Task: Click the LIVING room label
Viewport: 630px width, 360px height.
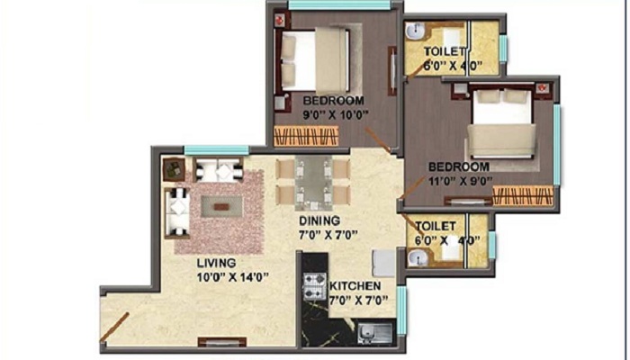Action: (x=216, y=263)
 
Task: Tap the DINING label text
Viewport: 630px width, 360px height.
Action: (x=319, y=221)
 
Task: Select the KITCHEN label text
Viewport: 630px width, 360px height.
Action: (x=355, y=286)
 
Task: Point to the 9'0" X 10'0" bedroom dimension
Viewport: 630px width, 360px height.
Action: (x=336, y=115)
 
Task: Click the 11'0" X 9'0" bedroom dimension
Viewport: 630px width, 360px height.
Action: (x=461, y=181)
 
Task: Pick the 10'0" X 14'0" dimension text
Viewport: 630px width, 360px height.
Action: (x=232, y=277)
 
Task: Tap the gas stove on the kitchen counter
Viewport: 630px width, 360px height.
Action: (x=315, y=287)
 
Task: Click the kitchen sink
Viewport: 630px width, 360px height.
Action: (x=375, y=333)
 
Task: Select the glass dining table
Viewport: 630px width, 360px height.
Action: (x=313, y=184)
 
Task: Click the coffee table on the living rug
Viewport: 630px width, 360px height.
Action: (x=221, y=206)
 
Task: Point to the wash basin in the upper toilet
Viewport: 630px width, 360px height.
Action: (x=415, y=31)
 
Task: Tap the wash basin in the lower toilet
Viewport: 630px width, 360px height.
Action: (x=416, y=257)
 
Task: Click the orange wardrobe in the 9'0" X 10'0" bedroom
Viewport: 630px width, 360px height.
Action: (x=306, y=136)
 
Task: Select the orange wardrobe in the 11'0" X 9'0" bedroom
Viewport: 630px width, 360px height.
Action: (x=523, y=195)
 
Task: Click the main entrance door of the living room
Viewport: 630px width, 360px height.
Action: (x=114, y=327)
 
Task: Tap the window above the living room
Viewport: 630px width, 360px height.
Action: (x=217, y=150)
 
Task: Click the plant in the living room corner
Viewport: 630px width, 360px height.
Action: (x=174, y=169)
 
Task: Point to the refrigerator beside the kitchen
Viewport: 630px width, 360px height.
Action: (x=383, y=263)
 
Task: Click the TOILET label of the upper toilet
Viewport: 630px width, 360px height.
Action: (x=444, y=51)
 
